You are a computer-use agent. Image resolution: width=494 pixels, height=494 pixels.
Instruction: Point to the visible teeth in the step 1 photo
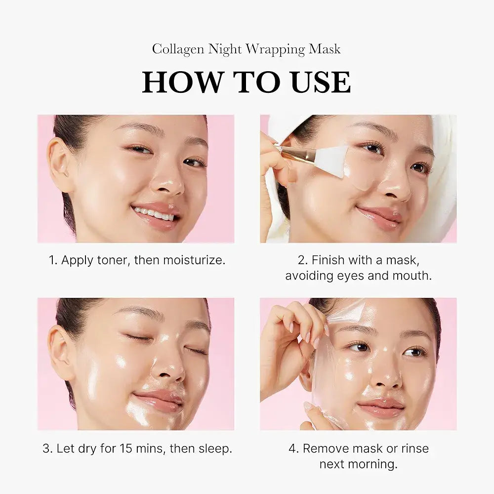point(154,213)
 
